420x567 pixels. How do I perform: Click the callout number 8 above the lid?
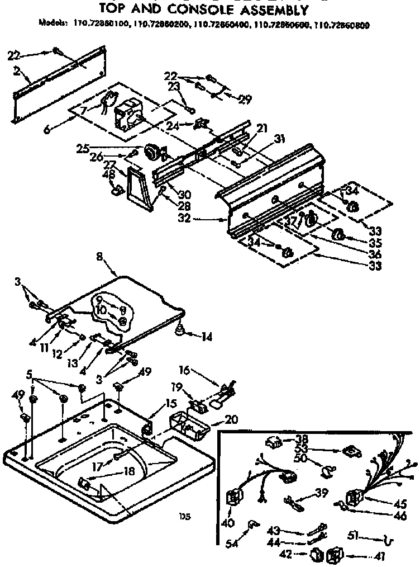tap(99, 258)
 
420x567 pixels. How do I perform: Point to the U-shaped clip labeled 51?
tap(390, 540)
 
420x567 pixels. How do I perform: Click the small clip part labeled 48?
tap(117, 191)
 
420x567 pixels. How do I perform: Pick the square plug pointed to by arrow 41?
tap(336, 556)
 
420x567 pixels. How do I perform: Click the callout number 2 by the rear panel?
tap(18, 72)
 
